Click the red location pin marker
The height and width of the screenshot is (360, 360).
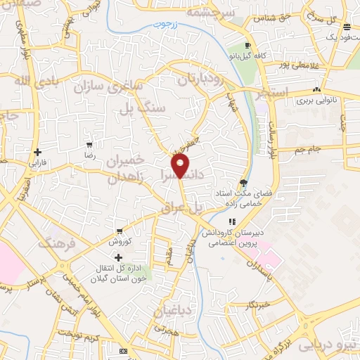coord(181,166)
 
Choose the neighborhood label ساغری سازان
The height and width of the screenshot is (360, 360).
coord(120,87)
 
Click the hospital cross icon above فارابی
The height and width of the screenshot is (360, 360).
coord(37,152)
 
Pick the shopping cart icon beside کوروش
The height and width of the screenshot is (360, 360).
coord(120,231)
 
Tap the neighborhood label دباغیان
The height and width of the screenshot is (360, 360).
coord(174,310)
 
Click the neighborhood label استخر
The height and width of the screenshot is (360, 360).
coord(288,93)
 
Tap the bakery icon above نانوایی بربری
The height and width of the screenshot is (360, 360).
coord(317,89)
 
